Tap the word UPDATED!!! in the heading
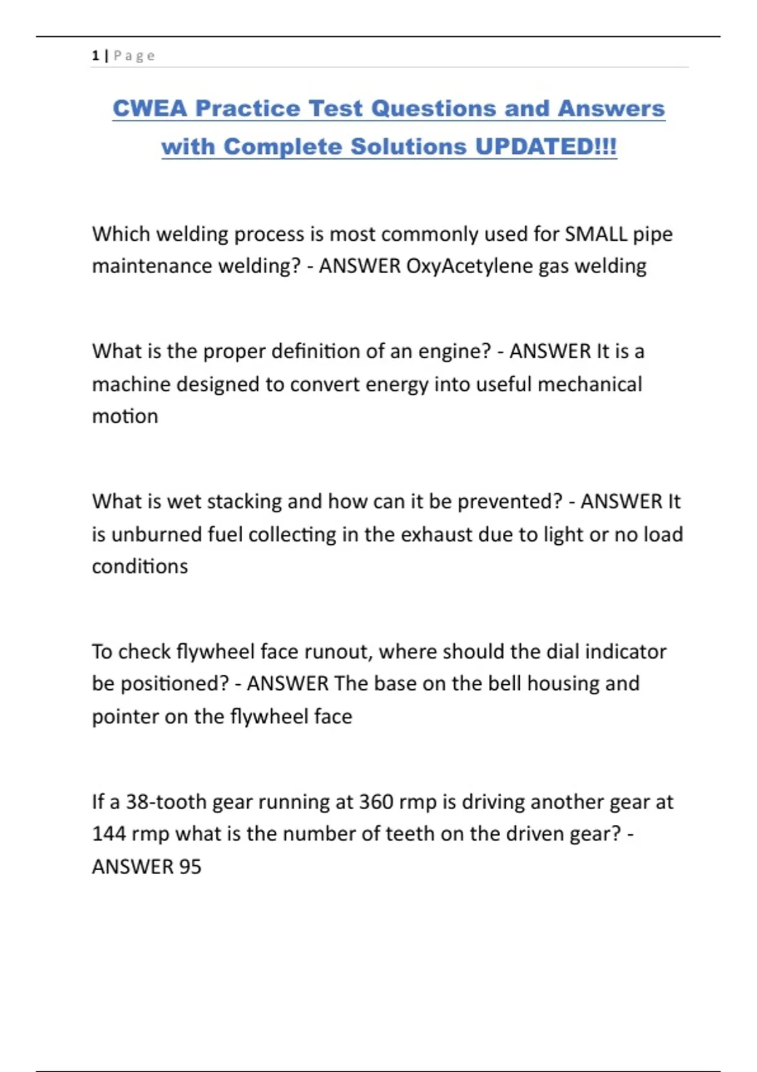click(546, 147)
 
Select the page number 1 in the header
click(95, 56)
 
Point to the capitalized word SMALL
click(596, 235)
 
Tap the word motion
click(125, 417)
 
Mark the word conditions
click(139, 567)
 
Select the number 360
click(376, 802)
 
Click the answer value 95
click(190, 867)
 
